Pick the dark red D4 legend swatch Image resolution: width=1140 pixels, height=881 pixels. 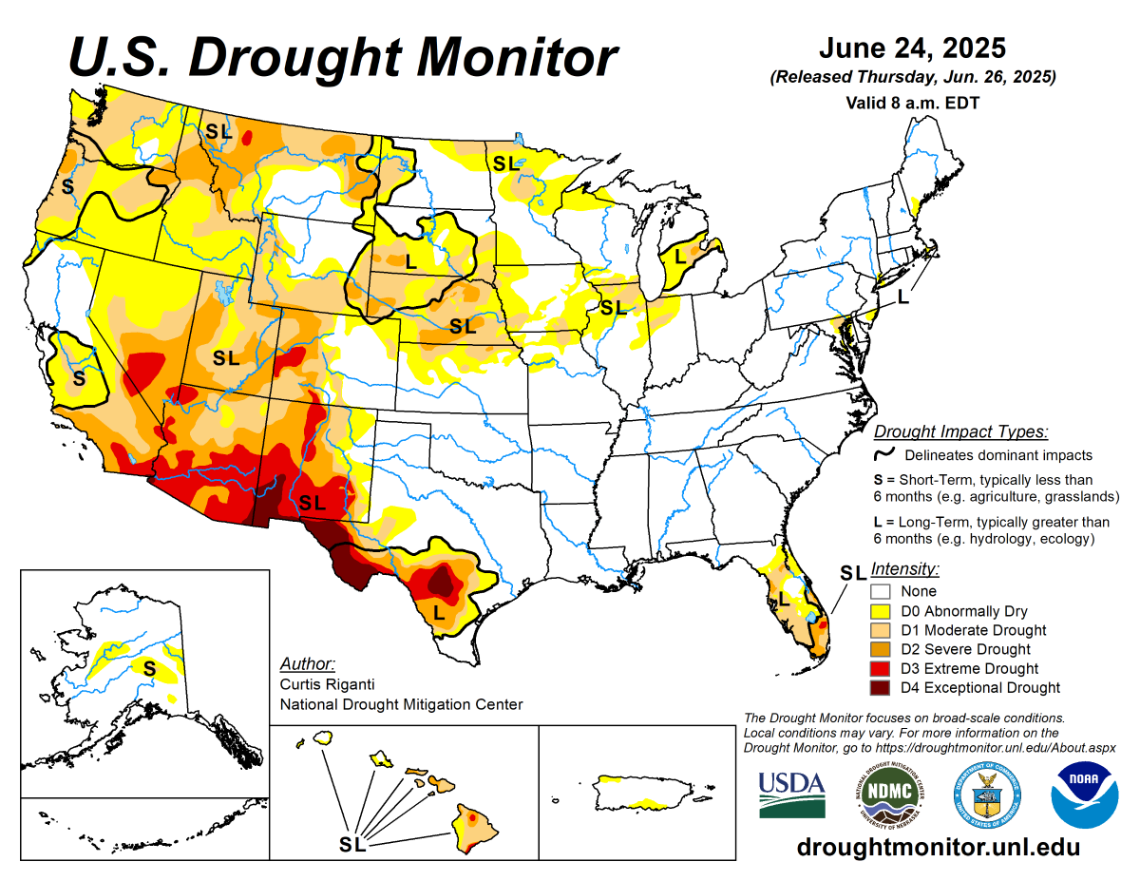coord(880,688)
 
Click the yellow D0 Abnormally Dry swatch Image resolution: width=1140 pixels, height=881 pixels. coord(880,611)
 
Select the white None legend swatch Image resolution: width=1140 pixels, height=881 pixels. coord(880,591)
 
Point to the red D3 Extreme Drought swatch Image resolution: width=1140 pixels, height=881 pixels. coord(880,669)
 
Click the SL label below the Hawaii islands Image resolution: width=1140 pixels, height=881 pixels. coord(352,842)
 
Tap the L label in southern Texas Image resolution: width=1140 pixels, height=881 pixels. coord(439,613)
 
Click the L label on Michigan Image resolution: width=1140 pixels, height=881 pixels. coord(680,256)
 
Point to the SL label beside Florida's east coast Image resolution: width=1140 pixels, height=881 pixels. coord(852,572)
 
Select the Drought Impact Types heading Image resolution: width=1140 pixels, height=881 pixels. coord(960,432)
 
